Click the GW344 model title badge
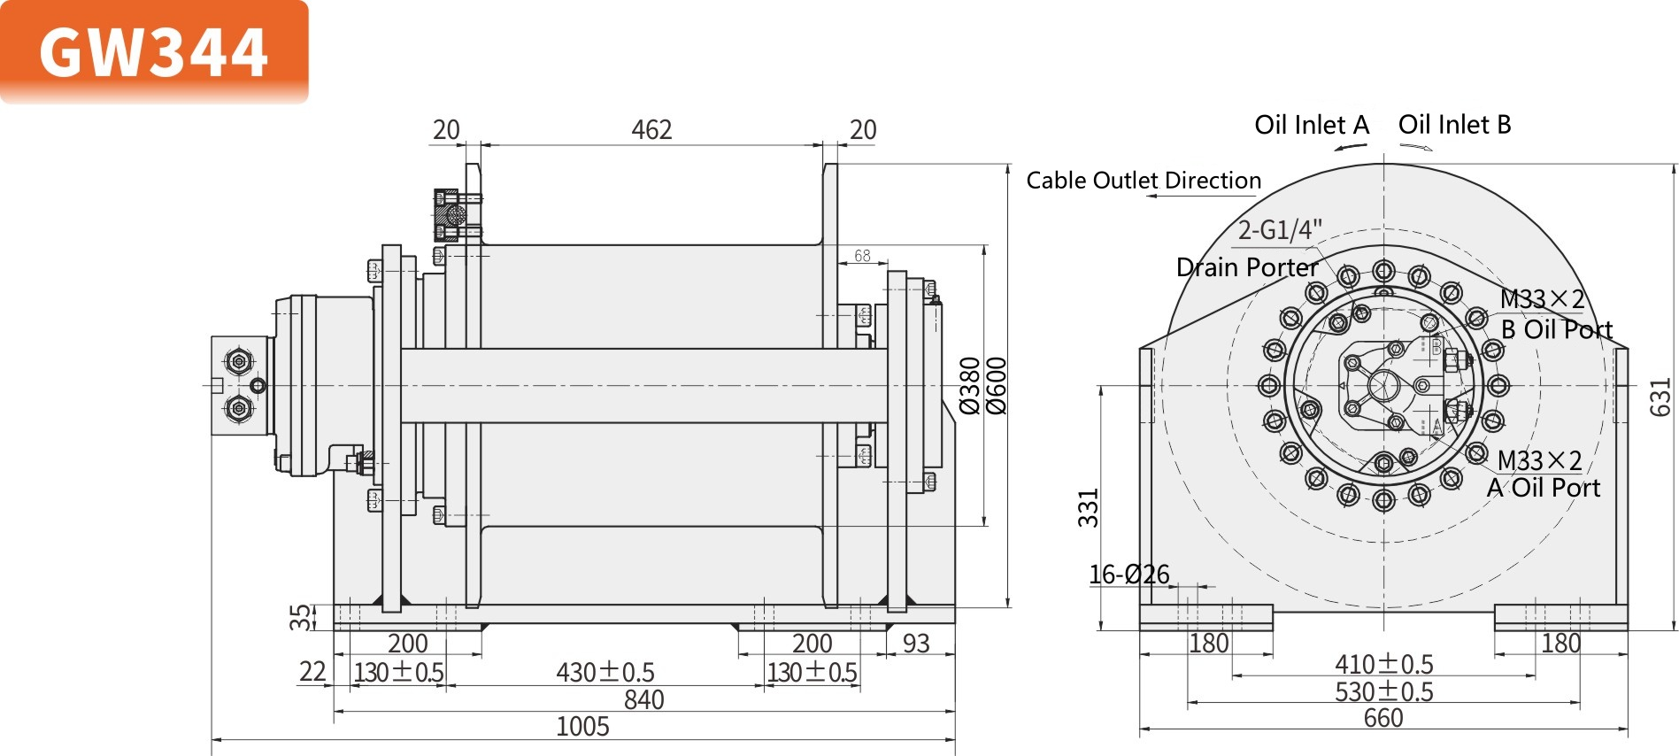154,51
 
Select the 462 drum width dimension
651,130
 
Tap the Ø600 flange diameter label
997,386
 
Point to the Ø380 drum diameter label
971,386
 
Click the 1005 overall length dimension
582,727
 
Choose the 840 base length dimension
643,700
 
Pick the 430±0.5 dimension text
605,673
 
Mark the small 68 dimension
862,256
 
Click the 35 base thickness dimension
302,617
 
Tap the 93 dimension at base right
916,644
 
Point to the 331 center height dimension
1088,508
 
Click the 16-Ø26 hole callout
1128,575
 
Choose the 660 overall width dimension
1382,718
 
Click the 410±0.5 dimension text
1383,664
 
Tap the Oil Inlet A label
1311,125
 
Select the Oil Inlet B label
1454,125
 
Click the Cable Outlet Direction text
1143,181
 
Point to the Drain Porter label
1246,267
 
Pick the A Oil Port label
1544,488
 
